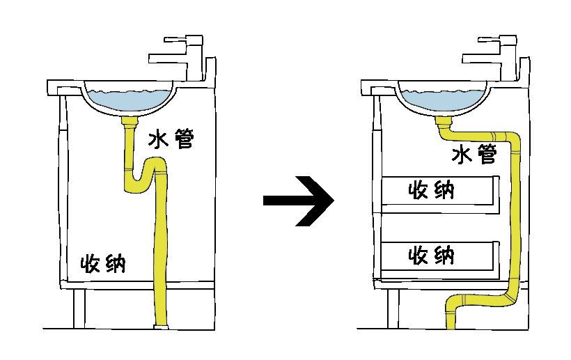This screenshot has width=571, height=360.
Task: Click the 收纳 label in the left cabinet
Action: [x=103, y=264]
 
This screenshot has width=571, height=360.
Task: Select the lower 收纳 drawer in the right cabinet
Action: [x=439, y=256]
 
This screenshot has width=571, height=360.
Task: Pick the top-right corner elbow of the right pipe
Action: [x=513, y=140]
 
